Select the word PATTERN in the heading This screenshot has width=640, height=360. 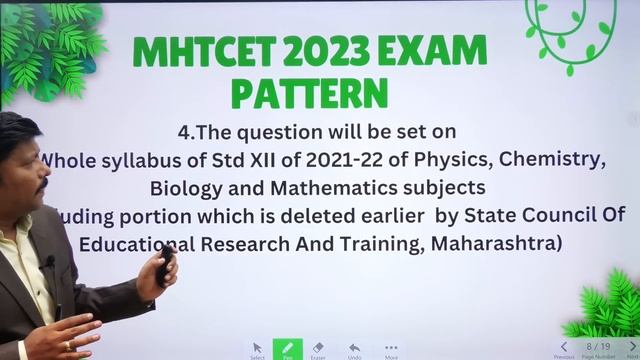[x=309, y=93]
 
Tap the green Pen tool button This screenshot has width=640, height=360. [x=287, y=348]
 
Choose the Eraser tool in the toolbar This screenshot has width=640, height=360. [x=319, y=348]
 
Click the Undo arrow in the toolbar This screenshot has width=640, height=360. [x=354, y=348]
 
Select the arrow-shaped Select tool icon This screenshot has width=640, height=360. [x=257, y=348]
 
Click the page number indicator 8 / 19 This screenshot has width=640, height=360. [x=598, y=346]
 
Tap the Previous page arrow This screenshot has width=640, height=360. [x=564, y=347]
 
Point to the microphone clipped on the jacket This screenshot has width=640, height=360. [x=47, y=262]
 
